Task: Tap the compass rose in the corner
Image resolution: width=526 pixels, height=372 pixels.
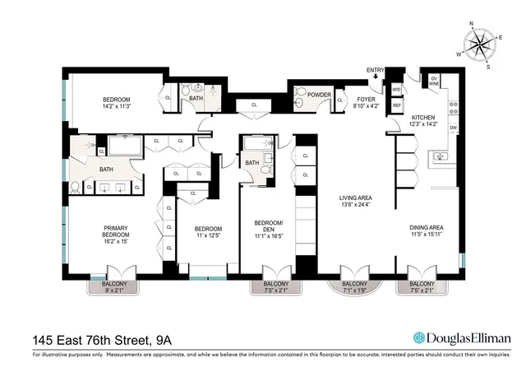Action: [479, 44]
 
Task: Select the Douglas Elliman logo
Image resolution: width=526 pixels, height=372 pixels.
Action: [462, 338]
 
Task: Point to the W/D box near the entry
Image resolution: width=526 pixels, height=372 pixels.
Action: [396, 89]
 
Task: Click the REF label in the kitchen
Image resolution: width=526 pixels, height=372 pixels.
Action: [396, 105]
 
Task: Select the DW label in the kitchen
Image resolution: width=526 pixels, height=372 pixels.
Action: [453, 128]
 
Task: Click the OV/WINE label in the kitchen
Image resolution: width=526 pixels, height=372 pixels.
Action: [433, 81]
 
